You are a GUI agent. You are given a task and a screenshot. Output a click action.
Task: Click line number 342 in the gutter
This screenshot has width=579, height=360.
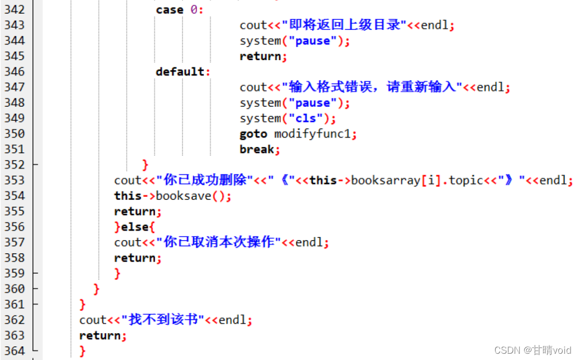point(14,9)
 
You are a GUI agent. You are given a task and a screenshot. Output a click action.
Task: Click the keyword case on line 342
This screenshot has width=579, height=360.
point(169,9)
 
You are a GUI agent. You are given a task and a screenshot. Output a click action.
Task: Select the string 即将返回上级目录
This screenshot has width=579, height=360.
point(344,25)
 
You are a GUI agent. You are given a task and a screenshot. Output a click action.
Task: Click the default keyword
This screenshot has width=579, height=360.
point(180,71)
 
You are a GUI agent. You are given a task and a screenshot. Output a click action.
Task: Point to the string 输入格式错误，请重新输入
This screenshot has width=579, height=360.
point(372,87)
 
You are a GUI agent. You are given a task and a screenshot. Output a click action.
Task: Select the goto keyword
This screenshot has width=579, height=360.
point(253,134)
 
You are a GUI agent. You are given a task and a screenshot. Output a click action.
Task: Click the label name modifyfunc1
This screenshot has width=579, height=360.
point(312,134)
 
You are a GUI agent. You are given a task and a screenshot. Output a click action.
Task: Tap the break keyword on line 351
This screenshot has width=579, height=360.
point(257,149)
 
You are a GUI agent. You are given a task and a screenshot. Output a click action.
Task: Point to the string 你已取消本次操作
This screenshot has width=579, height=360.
point(219,242)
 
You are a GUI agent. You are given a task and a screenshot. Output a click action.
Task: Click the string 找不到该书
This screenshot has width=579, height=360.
point(162,320)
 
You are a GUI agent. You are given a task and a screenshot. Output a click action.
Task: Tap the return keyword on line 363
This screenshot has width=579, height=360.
point(100,335)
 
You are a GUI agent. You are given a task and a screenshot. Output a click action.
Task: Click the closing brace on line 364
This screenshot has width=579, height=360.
point(83,351)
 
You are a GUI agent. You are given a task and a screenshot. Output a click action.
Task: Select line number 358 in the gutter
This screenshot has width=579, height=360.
point(14,257)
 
